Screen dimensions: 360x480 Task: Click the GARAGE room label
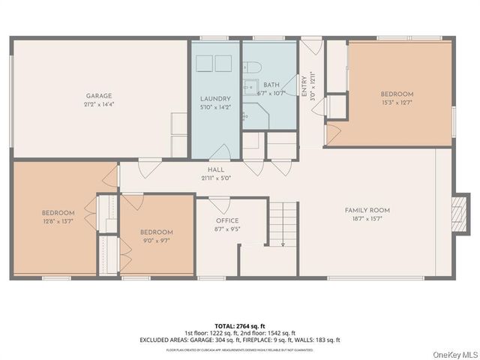point(98,95)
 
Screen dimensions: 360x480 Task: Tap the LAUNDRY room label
point(215,99)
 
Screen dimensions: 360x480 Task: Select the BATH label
point(271,85)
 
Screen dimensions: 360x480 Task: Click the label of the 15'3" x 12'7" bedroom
point(397,94)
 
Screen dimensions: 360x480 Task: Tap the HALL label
point(216,170)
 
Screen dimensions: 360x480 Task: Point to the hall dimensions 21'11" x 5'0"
point(216,178)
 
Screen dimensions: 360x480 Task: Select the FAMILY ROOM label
point(367,211)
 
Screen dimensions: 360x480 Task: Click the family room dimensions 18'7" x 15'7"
point(367,219)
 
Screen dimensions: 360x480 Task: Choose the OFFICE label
point(227,220)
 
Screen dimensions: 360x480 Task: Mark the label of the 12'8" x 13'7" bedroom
point(58,213)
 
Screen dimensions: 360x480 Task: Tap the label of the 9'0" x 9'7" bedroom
point(157,232)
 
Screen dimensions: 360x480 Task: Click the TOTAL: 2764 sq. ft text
point(240,325)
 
